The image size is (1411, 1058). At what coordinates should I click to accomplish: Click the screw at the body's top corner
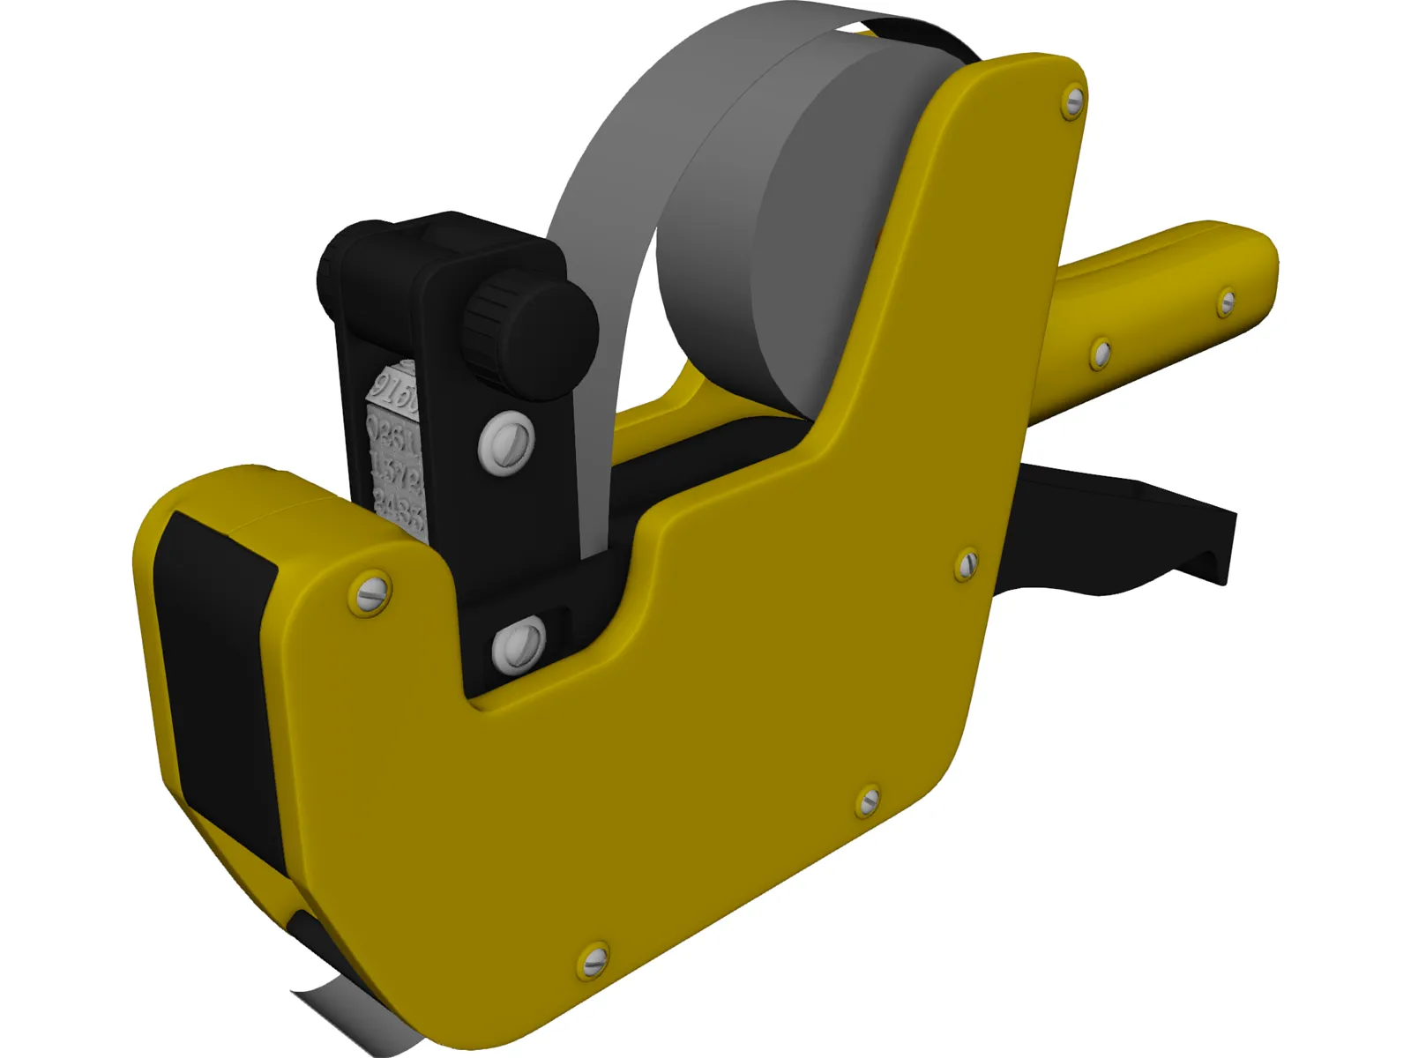1073,102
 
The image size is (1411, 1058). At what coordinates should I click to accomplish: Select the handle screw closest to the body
1100,353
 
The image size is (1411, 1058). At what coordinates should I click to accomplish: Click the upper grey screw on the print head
508,440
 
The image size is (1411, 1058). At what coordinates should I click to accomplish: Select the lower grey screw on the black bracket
520,644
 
